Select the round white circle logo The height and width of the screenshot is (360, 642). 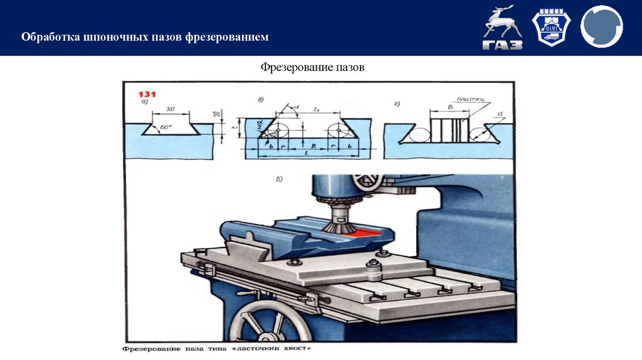pyautogui.click(x=601, y=27)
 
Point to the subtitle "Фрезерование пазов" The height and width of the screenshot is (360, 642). pyautogui.click(x=312, y=66)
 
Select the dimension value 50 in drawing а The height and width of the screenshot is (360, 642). pyautogui.click(x=171, y=109)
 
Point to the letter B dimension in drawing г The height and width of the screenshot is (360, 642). pyautogui.click(x=450, y=108)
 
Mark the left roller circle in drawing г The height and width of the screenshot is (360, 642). pyautogui.click(x=419, y=134)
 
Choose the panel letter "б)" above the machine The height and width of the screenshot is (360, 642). pyautogui.click(x=280, y=179)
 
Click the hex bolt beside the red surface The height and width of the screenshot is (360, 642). pyautogui.click(x=380, y=253)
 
